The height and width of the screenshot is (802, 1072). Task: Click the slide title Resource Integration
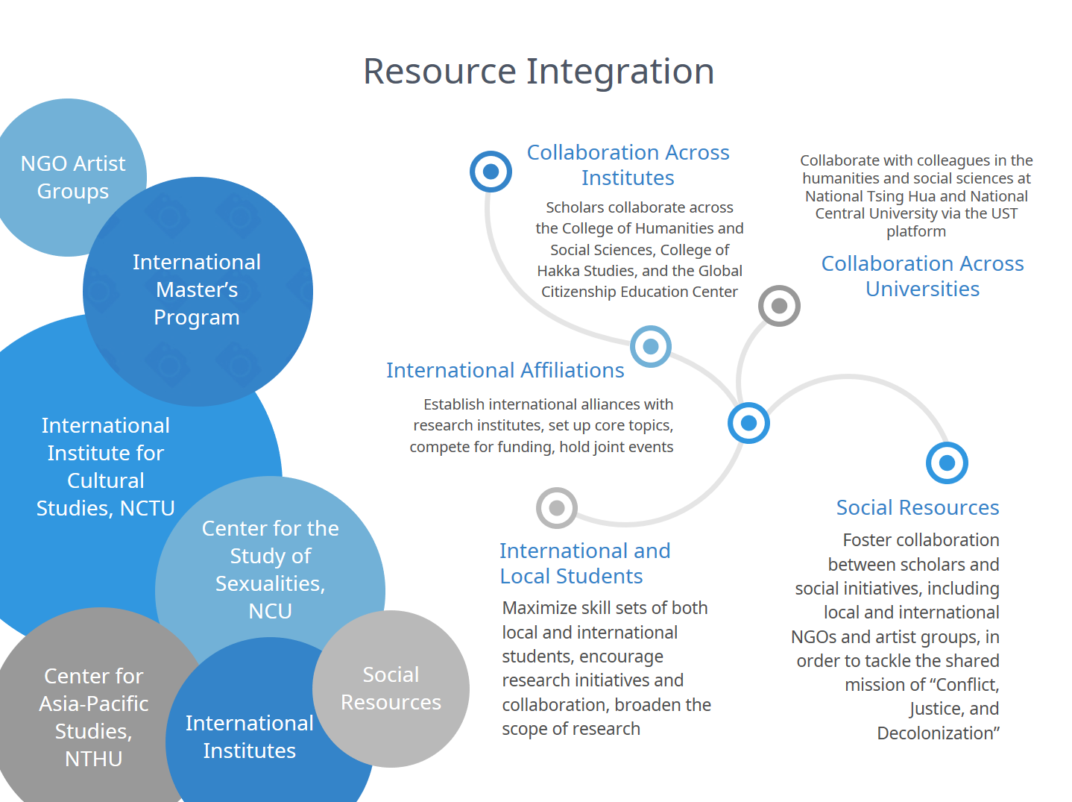(538, 72)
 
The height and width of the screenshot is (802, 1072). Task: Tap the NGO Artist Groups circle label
(73, 177)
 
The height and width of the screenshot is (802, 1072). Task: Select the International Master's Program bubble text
(197, 289)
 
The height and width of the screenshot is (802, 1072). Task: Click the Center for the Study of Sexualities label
(270, 569)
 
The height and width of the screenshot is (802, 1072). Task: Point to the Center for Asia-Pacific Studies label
(94, 717)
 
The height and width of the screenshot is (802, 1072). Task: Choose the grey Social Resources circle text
(391, 688)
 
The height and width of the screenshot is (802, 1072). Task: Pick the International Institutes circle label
(249, 736)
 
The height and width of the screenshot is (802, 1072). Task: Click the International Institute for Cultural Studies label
(106, 466)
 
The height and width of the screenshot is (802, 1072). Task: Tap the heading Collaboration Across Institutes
(628, 165)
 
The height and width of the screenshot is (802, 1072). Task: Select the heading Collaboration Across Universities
(922, 276)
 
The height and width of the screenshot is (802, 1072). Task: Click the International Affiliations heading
(505, 370)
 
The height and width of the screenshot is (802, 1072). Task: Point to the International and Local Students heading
(584, 563)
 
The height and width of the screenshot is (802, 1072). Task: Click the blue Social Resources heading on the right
(917, 507)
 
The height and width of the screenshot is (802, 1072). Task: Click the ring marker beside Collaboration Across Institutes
(491, 172)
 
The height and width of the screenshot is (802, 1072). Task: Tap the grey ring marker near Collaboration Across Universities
(779, 306)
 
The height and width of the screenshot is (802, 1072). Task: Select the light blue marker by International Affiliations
(651, 346)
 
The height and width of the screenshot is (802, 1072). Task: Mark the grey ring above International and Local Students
(556, 508)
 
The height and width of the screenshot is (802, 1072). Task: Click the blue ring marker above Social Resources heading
(947, 463)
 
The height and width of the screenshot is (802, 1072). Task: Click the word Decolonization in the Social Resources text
(936, 733)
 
